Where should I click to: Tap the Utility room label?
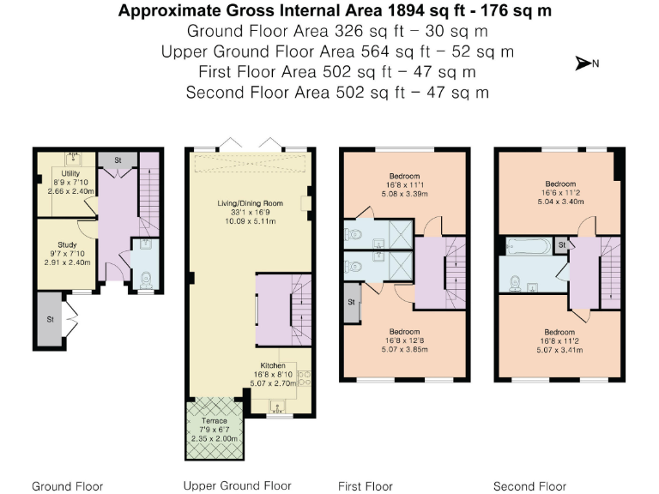point(70,173)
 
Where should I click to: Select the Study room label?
point(67,244)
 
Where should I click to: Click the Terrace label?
point(215,420)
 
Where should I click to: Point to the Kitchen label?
point(273,365)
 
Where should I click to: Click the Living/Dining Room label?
point(250,203)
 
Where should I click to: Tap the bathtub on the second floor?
point(529,246)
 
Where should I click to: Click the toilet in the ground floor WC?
point(145,280)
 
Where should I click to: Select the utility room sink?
point(74,159)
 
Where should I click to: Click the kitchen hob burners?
point(304,377)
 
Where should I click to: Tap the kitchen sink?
point(277,407)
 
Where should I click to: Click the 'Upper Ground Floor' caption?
point(238,486)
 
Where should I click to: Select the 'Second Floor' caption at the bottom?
point(529,486)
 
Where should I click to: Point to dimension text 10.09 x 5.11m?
point(251,221)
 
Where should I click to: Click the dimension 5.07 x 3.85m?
point(404,350)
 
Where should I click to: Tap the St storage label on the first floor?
point(351,302)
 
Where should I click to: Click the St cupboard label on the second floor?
point(562,245)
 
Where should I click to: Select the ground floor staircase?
point(149,194)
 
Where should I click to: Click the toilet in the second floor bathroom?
point(515,284)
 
